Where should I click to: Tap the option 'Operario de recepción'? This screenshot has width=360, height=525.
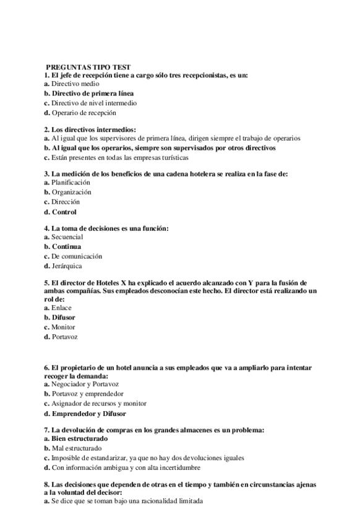click(x=83, y=113)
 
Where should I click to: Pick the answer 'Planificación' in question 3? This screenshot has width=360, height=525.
click(x=71, y=183)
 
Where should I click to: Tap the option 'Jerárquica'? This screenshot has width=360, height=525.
click(x=67, y=266)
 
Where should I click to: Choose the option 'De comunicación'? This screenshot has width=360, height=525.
click(x=77, y=256)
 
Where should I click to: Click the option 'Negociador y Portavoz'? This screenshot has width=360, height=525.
click(x=85, y=384)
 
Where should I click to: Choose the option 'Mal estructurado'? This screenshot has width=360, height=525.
click(x=77, y=448)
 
